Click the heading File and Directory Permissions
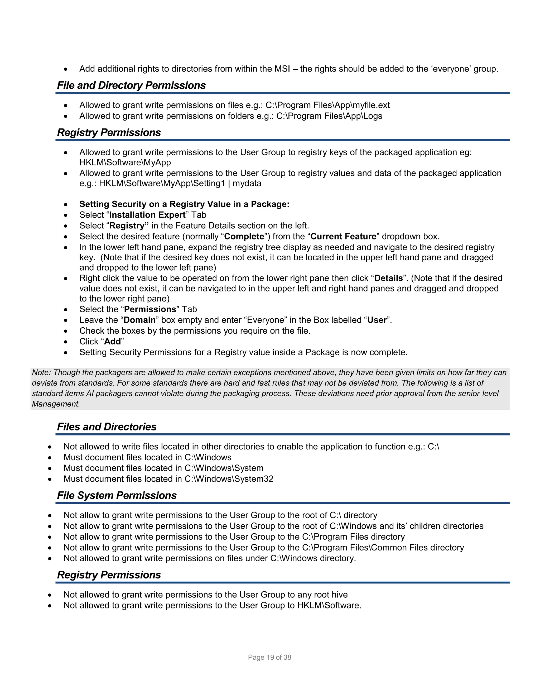click(131, 85)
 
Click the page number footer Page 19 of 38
click(269, 657)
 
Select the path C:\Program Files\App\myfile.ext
click(327, 105)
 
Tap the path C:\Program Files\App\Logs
click(329, 116)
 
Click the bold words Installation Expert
click(147, 215)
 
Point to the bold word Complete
click(244, 237)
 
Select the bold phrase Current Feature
click(343, 237)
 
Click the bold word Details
click(389, 278)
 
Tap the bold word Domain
click(139, 320)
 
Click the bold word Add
click(112, 342)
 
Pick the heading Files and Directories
click(107, 427)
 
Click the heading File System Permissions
click(117, 495)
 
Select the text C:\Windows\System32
click(229, 479)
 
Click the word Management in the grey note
click(56, 404)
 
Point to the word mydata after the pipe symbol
click(247, 183)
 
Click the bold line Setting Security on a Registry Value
click(184, 204)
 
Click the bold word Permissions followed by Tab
click(150, 309)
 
